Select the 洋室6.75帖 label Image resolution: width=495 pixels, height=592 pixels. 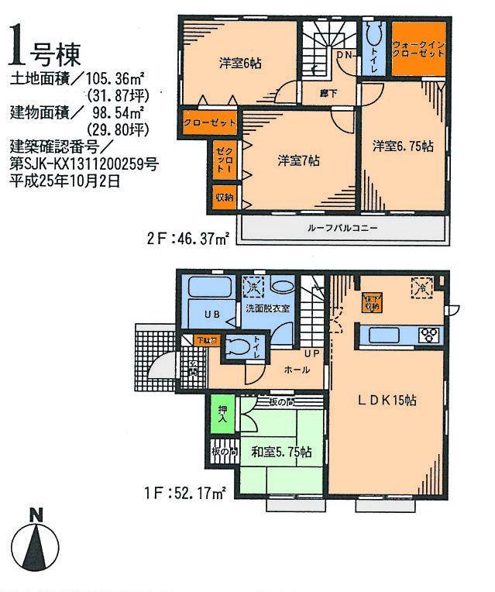[x=401, y=145]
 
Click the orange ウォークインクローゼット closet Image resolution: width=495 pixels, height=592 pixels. [x=418, y=50]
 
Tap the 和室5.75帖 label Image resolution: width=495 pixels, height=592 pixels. [x=281, y=451]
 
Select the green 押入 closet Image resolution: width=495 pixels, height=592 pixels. [x=221, y=415]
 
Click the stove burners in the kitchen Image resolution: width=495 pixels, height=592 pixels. [x=428, y=336]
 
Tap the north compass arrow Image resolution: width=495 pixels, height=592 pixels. [x=36, y=542]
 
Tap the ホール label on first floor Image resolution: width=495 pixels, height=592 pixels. [x=297, y=370]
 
